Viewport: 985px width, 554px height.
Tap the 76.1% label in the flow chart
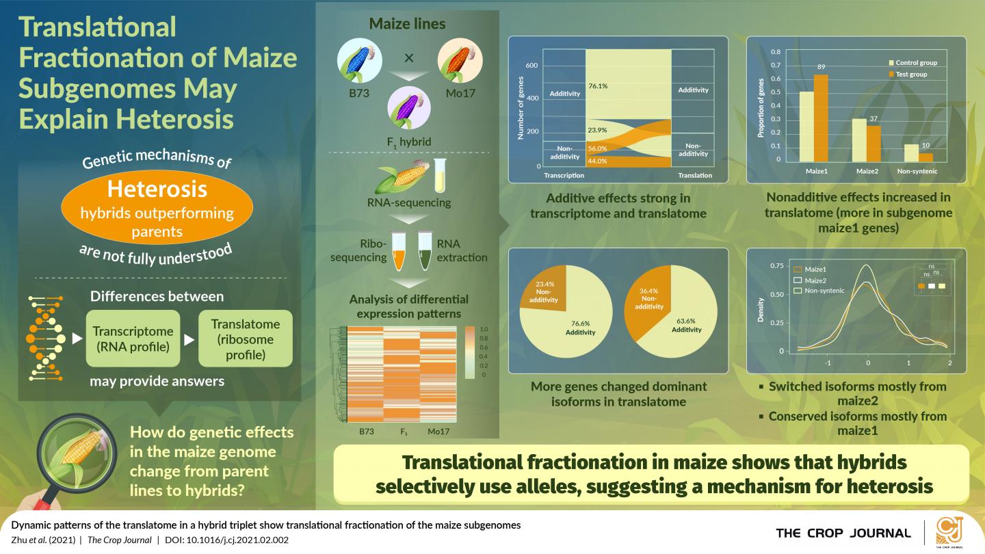coord(598,86)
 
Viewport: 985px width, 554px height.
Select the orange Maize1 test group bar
coord(820,117)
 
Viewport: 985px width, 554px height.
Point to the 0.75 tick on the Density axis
coord(776,265)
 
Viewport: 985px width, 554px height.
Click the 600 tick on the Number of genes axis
coord(532,66)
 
